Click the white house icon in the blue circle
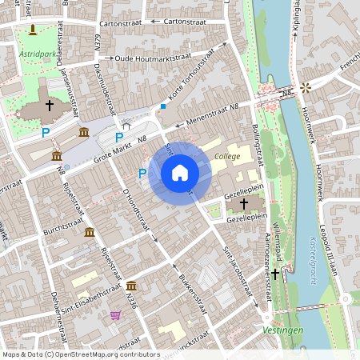point(180,173)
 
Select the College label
point(227,157)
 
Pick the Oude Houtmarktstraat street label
point(156,58)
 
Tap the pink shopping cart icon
point(116,315)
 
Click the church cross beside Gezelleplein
point(243,205)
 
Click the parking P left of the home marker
point(142,173)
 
